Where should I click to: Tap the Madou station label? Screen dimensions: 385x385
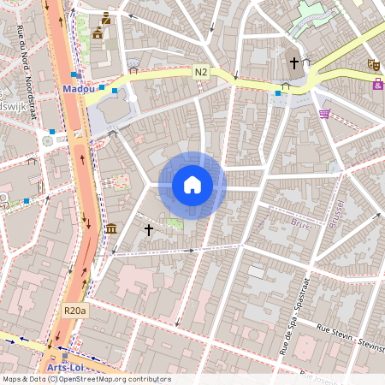(78, 88)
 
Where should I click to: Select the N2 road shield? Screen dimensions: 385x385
(202, 74)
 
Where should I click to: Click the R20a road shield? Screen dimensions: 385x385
(75, 312)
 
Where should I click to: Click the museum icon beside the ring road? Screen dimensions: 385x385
(112, 228)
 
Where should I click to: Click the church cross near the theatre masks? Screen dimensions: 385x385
(294, 63)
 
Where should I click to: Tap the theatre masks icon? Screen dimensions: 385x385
(373, 64)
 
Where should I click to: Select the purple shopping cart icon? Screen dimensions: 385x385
(324, 113)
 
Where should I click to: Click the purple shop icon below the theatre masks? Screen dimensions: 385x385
(377, 84)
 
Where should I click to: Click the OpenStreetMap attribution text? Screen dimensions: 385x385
(86, 379)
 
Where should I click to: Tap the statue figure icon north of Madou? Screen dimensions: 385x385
(105, 18)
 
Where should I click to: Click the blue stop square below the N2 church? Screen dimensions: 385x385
(278, 92)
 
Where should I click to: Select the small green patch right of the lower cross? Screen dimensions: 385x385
(175, 224)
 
